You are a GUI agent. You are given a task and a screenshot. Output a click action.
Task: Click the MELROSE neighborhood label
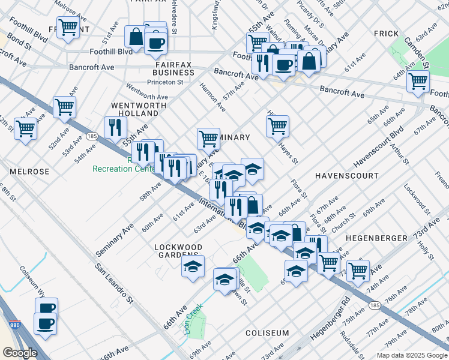click(x=29, y=172)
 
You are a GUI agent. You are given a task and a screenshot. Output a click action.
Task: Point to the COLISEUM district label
click(x=267, y=332)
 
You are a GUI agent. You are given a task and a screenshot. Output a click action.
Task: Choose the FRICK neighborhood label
click(x=386, y=34)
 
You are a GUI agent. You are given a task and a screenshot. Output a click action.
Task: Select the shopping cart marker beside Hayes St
click(x=277, y=126)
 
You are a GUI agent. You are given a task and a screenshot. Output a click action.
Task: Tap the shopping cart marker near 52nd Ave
click(x=64, y=107)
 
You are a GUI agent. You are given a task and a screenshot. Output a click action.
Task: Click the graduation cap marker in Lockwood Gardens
click(x=193, y=266)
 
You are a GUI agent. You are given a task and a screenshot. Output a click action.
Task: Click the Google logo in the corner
click(x=20, y=352)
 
